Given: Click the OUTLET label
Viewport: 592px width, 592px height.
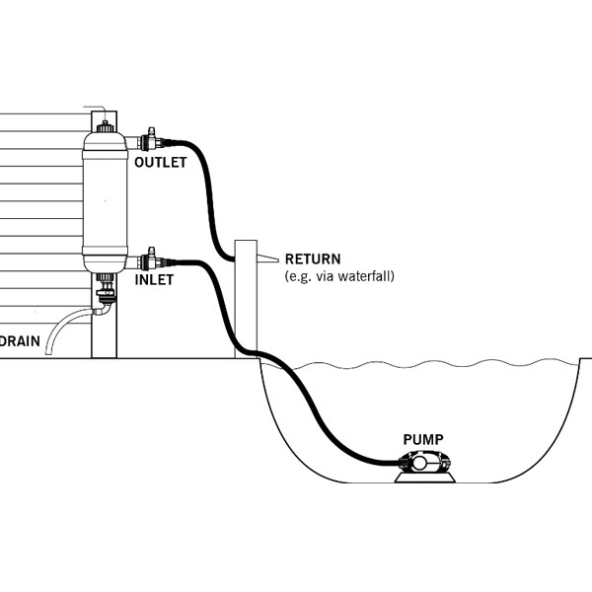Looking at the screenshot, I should pos(160,162).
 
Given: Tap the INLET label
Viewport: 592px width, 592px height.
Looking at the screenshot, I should pos(153,280).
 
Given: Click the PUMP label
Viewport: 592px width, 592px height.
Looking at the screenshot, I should pos(422,439).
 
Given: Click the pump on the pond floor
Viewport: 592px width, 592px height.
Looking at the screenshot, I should pos(424,461).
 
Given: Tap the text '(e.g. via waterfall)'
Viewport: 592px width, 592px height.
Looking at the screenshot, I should pos(338,276).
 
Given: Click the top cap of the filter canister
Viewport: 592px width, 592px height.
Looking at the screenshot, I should pos(106,126).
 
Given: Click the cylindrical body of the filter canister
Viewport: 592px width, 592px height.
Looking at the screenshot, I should pos(106,197).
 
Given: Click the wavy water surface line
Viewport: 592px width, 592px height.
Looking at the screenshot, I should pos(444,364).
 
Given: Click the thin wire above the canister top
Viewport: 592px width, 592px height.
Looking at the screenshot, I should pos(97,108).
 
